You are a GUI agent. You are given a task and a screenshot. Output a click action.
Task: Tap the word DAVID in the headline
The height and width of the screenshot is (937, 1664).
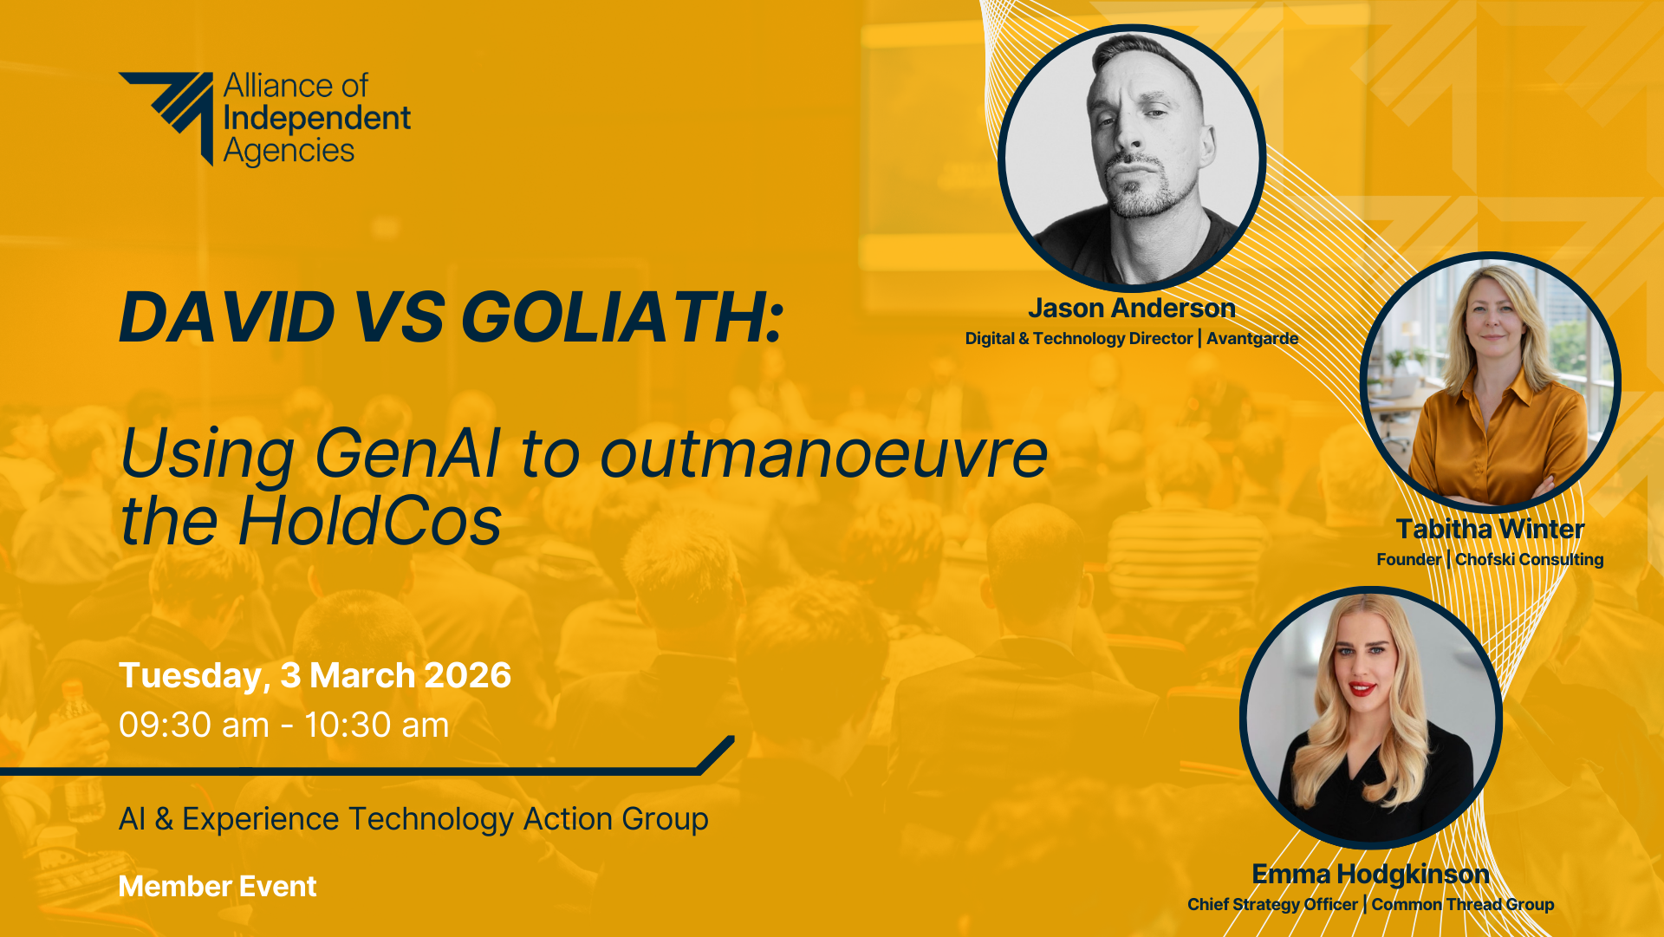point(227,317)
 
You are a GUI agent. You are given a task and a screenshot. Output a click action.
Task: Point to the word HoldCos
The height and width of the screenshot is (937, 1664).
point(370,521)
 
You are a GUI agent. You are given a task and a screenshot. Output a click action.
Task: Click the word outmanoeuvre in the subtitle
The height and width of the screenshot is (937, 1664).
point(823,454)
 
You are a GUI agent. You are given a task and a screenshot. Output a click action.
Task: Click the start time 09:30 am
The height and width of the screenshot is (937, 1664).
point(194,726)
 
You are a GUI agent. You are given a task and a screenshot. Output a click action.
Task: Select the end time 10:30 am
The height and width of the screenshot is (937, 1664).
point(377,726)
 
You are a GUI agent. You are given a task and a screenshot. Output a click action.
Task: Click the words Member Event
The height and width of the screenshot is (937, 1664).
point(218,887)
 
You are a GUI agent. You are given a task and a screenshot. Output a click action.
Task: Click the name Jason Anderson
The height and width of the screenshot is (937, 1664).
point(1132,309)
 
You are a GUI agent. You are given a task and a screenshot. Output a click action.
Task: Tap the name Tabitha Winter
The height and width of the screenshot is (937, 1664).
point(1490,529)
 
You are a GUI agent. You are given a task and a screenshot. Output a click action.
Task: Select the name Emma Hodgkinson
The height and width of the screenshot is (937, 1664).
point(1370,874)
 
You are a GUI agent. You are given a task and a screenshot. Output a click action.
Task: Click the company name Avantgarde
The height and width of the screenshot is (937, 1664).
point(1252,339)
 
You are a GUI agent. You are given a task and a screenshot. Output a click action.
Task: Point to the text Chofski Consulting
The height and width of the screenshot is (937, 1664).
point(1530,560)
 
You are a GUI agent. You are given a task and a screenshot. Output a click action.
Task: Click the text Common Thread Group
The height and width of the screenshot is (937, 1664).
point(1463,905)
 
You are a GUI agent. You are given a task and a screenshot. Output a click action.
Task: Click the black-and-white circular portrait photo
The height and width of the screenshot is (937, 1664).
point(1132,157)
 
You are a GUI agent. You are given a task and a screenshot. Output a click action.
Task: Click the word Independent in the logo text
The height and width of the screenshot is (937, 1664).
point(317,119)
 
